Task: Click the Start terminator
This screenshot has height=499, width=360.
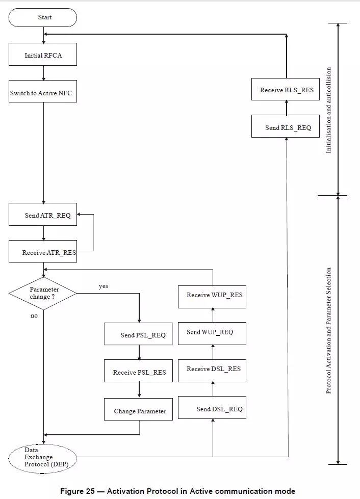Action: click(x=43, y=17)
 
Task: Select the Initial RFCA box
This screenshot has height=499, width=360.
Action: click(x=43, y=55)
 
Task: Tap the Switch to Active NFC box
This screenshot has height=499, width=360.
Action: click(x=43, y=91)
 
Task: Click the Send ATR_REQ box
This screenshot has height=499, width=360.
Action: click(x=43, y=215)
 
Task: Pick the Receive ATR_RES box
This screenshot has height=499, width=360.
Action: click(x=43, y=251)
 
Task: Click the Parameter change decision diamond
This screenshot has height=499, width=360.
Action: click(x=43, y=294)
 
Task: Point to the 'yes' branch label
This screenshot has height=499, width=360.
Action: click(x=104, y=286)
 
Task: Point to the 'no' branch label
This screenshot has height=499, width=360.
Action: click(x=34, y=316)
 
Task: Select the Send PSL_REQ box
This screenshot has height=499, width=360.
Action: click(x=138, y=334)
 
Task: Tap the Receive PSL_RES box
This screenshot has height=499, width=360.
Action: click(x=138, y=371)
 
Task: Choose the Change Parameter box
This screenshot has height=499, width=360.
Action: click(x=138, y=409)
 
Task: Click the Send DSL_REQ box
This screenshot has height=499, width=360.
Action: click(x=212, y=407)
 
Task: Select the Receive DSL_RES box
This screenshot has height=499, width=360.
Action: click(x=212, y=371)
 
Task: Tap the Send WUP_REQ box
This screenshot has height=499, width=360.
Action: click(x=212, y=333)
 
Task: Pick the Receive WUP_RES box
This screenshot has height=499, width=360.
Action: click(x=212, y=297)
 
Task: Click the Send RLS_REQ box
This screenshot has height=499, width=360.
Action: click(x=286, y=126)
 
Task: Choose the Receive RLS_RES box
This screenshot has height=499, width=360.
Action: click(x=286, y=89)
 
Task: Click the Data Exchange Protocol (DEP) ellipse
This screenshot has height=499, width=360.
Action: click(x=43, y=459)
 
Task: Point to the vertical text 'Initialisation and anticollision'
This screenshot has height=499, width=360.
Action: click(x=328, y=110)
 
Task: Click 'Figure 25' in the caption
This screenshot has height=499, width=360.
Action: click(x=78, y=491)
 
